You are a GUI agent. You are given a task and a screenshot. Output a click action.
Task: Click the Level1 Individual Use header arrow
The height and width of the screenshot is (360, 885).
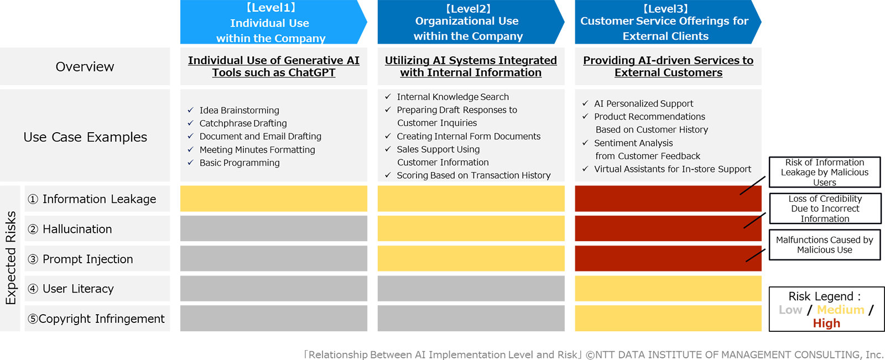pos(270,23)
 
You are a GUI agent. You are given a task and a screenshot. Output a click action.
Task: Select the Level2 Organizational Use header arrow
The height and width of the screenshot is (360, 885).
pos(468,22)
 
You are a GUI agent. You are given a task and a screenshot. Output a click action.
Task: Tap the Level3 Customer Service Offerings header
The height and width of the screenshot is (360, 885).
pos(665,22)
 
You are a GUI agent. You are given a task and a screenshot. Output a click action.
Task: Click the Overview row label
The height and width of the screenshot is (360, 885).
pos(85,66)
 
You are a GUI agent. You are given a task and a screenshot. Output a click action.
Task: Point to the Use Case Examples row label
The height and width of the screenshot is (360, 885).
pos(85,137)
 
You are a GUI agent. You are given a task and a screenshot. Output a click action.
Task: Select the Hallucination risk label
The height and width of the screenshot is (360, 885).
pos(77,229)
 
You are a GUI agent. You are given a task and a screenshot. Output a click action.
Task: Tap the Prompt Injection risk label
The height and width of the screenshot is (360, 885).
pos(87,259)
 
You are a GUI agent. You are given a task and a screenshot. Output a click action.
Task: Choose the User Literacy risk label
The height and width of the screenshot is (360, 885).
pos(78,289)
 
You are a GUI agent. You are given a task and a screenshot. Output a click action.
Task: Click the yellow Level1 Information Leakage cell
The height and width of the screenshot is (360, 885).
pos(273,199)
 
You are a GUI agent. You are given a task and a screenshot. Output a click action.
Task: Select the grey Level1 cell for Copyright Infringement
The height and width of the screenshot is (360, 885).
pos(273,318)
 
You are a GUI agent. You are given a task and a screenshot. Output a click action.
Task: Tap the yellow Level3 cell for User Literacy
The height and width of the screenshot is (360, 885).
pos(668,288)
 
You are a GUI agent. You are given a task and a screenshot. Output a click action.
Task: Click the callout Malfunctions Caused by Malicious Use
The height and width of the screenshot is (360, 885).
pos(824,244)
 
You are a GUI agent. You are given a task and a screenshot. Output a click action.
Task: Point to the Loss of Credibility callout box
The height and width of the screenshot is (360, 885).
pos(825,208)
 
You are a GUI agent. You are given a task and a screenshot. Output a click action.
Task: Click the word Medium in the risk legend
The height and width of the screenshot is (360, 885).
pos(840,310)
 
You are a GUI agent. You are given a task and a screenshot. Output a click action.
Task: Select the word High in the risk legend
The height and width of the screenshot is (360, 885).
pos(826,324)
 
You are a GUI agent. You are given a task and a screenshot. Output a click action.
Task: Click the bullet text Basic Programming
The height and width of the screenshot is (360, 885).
pos(240,163)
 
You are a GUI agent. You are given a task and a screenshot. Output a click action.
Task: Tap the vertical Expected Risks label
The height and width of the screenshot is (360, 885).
pos(11,258)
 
